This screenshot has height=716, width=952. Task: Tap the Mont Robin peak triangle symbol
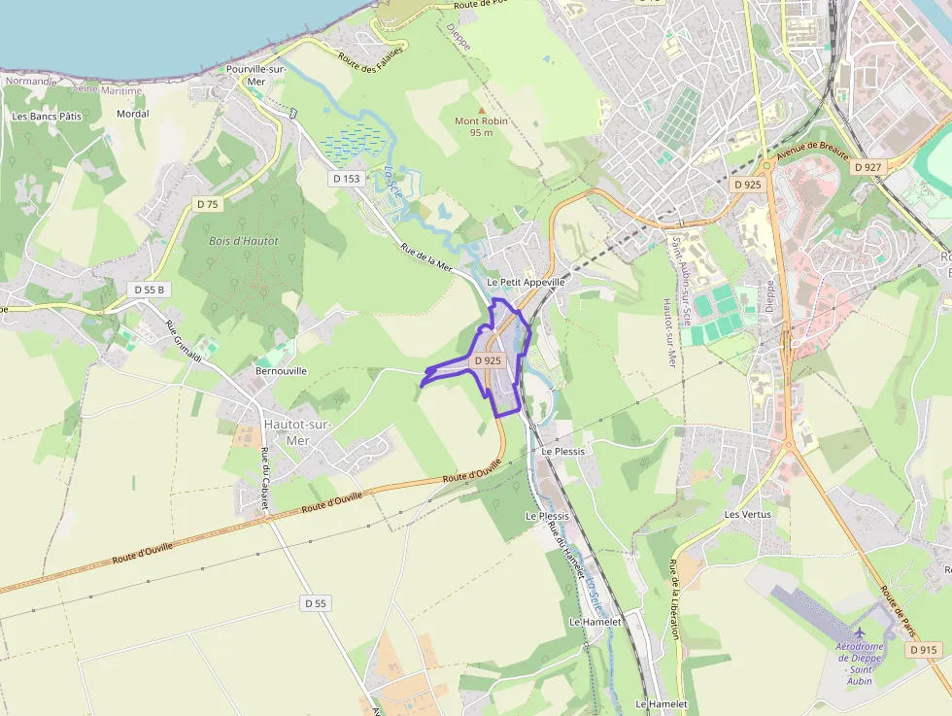tap(481, 110)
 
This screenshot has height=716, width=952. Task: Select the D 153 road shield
tap(345, 179)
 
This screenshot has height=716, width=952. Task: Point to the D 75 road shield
tap(208, 204)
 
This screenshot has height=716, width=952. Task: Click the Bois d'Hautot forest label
tap(243, 241)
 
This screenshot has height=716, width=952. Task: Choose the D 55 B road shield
tap(150, 290)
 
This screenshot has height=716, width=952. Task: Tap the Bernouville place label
tap(280, 371)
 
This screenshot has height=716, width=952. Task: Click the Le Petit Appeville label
tap(526, 282)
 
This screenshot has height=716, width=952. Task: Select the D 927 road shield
tap(867, 167)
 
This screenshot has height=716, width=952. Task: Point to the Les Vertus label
tap(747, 513)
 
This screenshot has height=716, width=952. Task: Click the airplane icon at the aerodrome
tap(859, 634)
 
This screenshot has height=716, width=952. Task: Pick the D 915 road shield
tap(924, 649)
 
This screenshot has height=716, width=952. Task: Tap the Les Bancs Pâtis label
tap(47, 116)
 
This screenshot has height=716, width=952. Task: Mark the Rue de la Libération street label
tap(673, 599)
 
